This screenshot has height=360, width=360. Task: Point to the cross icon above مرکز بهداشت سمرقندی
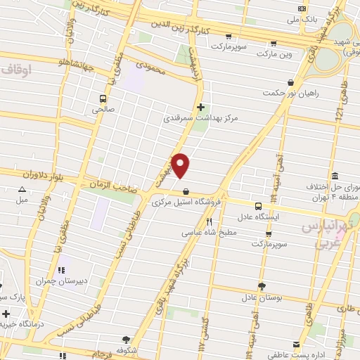coord(202,108)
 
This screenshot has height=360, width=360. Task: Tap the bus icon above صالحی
coord(103,99)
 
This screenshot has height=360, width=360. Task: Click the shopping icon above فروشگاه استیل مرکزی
coord(186,191)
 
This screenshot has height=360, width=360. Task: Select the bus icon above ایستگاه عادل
coord(259,206)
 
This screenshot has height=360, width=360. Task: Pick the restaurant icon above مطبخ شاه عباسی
coord(208,222)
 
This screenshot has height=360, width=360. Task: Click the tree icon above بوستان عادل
coord(262,286)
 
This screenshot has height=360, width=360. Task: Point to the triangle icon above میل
coord(22,189)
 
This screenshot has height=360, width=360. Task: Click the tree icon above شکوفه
coord(127,339)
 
